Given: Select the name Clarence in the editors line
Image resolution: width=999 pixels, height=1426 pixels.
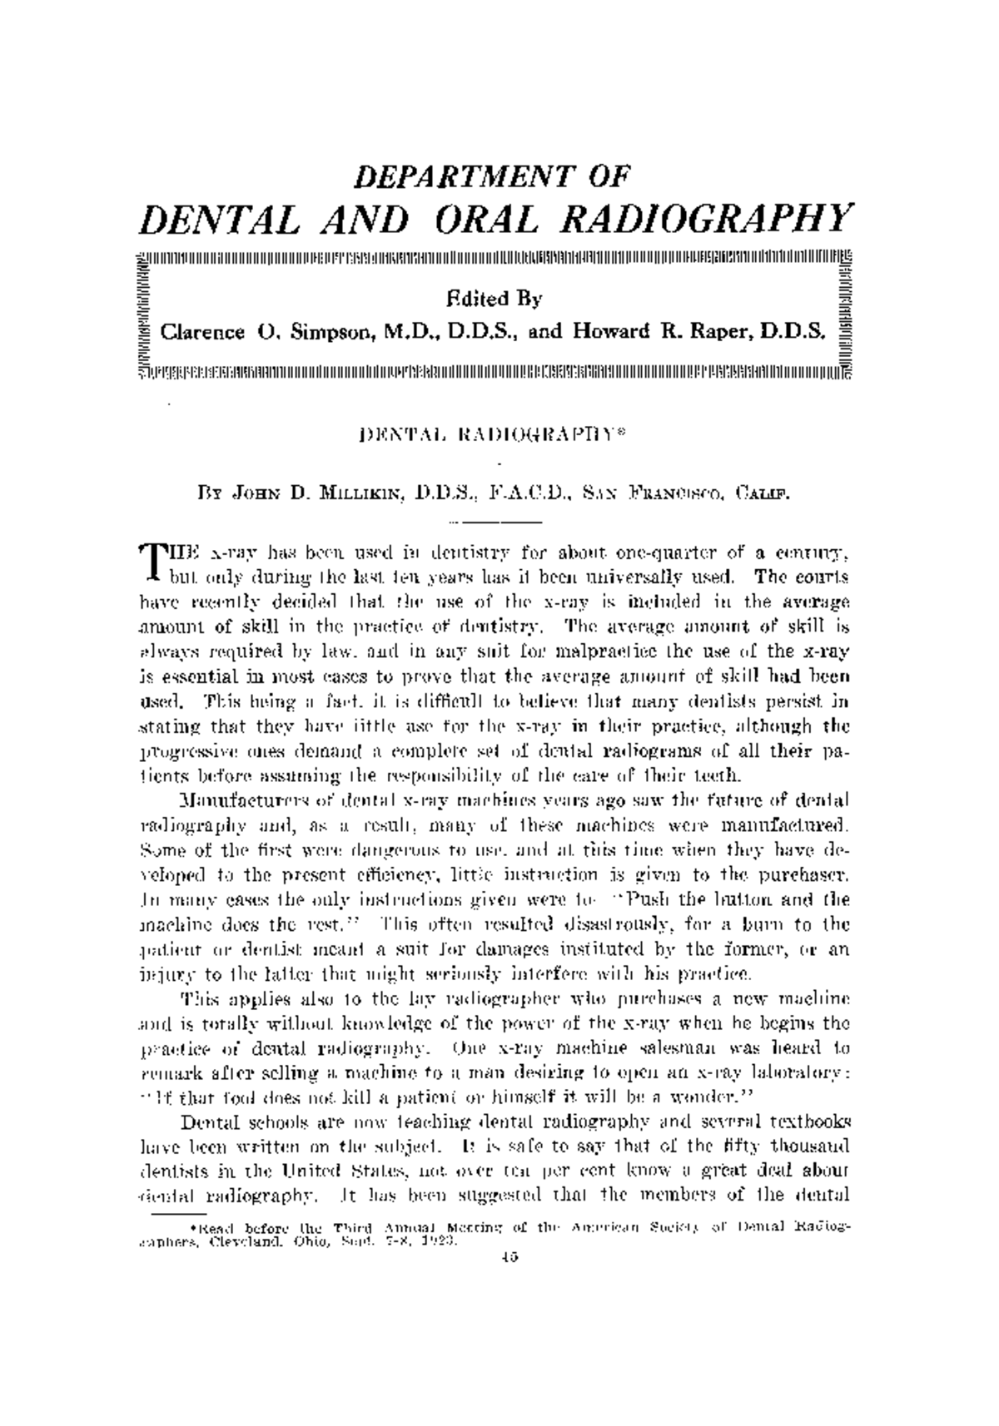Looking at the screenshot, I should pos(202,333).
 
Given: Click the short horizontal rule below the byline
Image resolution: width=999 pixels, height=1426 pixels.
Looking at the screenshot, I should pos(495,522).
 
